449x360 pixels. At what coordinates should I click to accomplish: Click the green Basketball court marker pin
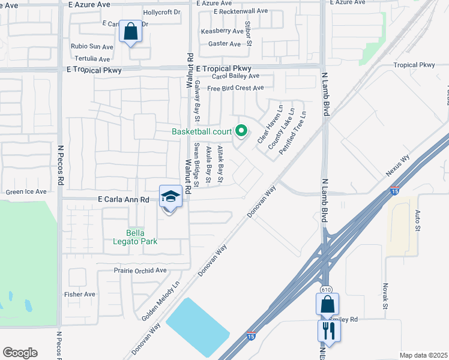241,130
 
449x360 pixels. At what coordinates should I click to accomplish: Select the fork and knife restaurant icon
328,330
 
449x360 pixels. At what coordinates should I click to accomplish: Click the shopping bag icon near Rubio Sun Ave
130,31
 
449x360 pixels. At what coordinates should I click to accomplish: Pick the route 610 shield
326,290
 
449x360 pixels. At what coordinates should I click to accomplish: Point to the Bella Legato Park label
142,237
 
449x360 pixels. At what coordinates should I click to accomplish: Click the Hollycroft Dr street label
161,12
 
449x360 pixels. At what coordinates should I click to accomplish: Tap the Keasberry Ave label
221,31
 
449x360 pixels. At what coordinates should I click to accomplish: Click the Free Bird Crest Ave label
235,88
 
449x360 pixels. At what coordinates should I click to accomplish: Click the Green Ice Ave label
26,192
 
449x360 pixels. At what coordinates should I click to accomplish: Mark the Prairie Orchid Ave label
140,271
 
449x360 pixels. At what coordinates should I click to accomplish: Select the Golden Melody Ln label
160,301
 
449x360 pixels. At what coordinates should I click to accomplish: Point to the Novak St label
386,296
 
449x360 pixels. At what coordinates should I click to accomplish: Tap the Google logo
20,353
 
